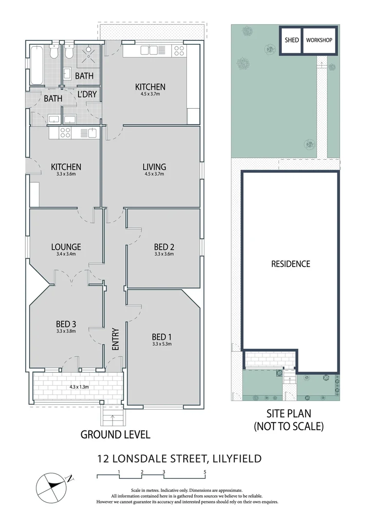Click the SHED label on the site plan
coord(291,40)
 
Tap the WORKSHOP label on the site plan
coord(319,40)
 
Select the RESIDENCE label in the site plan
coord(291,264)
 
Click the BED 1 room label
coord(162,337)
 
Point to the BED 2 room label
coord(164,246)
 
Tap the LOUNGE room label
coord(66,247)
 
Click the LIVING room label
coord(154,167)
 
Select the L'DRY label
coord(87,94)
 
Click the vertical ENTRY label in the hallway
coord(115,339)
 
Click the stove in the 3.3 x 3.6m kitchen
coord(65,132)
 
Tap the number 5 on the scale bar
coord(205,472)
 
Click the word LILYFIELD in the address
coord(236,458)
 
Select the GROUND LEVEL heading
coord(115,434)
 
